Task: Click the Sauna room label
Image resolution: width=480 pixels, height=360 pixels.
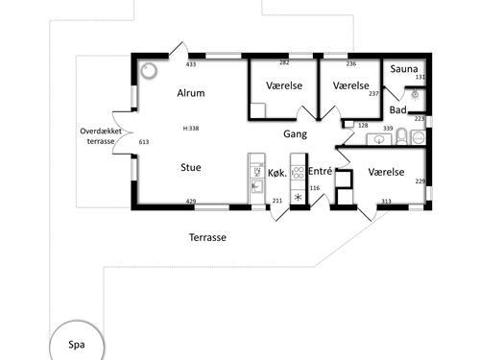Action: [404, 69]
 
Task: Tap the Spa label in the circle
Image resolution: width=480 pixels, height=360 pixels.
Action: [77, 345]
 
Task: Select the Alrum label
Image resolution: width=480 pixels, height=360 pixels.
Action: [191, 93]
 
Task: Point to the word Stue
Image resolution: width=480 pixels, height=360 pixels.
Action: [191, 167]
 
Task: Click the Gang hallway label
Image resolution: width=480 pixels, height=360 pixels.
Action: [295, 134]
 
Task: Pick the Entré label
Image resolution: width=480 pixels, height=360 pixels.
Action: [320, 171]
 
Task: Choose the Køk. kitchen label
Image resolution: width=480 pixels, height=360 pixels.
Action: [277, 173]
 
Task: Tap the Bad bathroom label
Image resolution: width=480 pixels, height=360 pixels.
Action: [398, 110]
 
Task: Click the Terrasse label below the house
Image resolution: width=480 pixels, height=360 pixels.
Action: [207, 237]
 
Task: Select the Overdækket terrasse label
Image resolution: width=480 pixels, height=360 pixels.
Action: [101, 136]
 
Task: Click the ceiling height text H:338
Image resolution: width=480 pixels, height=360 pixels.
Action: [191, 129]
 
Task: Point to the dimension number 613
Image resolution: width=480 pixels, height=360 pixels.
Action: [144, 142]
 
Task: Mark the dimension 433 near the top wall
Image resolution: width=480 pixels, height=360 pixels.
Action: [191, 64]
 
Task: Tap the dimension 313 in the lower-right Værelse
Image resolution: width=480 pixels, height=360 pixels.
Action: [386, 202]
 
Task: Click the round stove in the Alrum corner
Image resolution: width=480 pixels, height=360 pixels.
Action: [149, 71]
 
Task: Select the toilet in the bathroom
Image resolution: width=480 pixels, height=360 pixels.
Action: [401, 136]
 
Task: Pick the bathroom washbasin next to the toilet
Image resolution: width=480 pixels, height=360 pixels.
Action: [379, 139]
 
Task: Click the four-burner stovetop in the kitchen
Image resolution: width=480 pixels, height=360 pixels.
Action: [298, 173]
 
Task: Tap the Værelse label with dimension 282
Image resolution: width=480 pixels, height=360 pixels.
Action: [284, 85]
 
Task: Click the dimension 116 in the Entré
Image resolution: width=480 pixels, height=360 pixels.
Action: [315, 188]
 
